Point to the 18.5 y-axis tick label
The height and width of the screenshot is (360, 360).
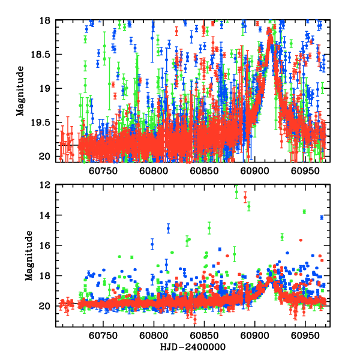pyautogui.click(x=43, y=54)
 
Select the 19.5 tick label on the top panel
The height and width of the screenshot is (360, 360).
pyautogui.click(x=43, y=123)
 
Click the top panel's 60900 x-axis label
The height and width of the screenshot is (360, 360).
pyautogui.click(x=254, y=170)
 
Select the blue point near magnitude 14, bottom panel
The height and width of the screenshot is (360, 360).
pyautogui.click(x=322, y=217)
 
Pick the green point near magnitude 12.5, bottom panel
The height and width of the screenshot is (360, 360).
pyautogui.click(x=236, y=192)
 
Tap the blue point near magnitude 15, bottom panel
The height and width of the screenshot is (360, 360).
pyautogui.click(x=168, y=228)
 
